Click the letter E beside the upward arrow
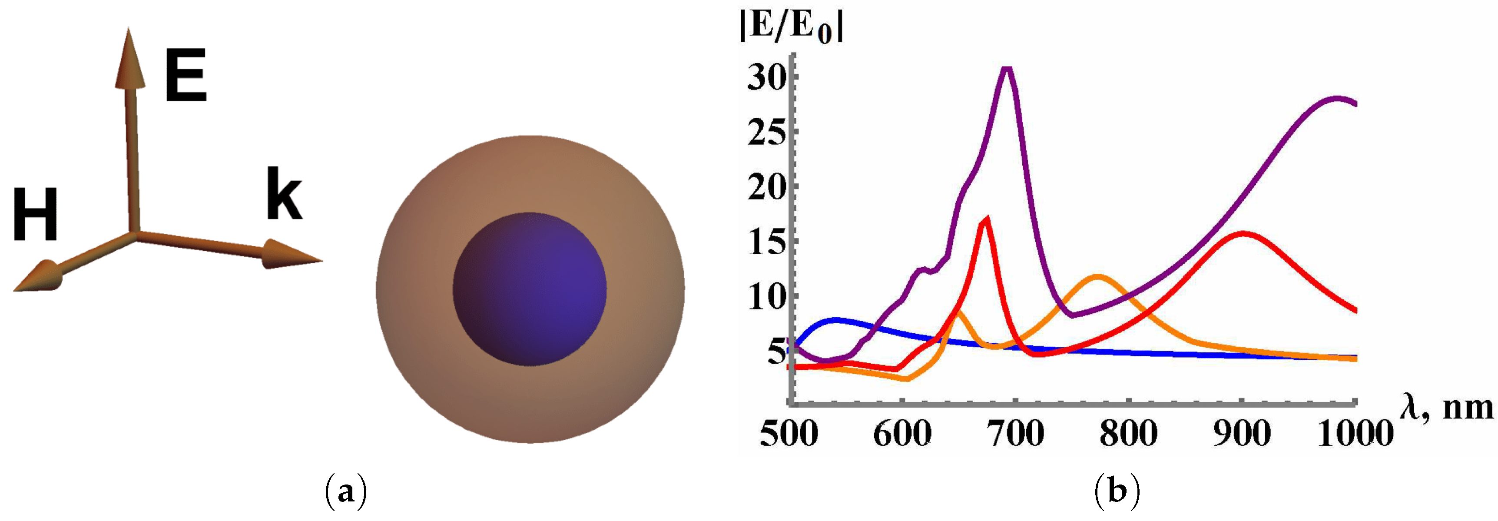[186, 76]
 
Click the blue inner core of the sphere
[529, 289]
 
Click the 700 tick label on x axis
[1015, 433]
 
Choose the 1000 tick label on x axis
[1355, 433]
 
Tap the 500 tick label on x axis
[789, 433]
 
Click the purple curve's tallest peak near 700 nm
[1007, 70]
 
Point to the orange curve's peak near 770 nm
[1097, 277]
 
